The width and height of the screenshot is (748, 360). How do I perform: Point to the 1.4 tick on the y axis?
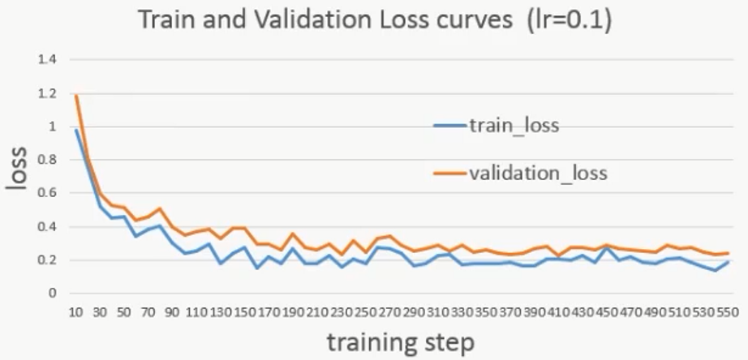tap(46, 60)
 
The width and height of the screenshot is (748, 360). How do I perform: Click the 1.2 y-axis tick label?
tap(46, 93)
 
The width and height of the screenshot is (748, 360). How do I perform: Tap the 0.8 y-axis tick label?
tap(46, 160)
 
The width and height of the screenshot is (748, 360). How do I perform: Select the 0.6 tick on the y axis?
tap(46, 193)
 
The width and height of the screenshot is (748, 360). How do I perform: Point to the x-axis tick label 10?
tap(75, 312)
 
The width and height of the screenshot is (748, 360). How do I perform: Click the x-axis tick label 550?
tap(728, 312)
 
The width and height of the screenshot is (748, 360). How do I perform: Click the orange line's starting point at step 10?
tap(75, 96)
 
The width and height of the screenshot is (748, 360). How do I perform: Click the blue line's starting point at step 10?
tap(75, 130)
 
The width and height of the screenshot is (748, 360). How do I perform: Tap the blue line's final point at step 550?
tap(728, 261)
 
